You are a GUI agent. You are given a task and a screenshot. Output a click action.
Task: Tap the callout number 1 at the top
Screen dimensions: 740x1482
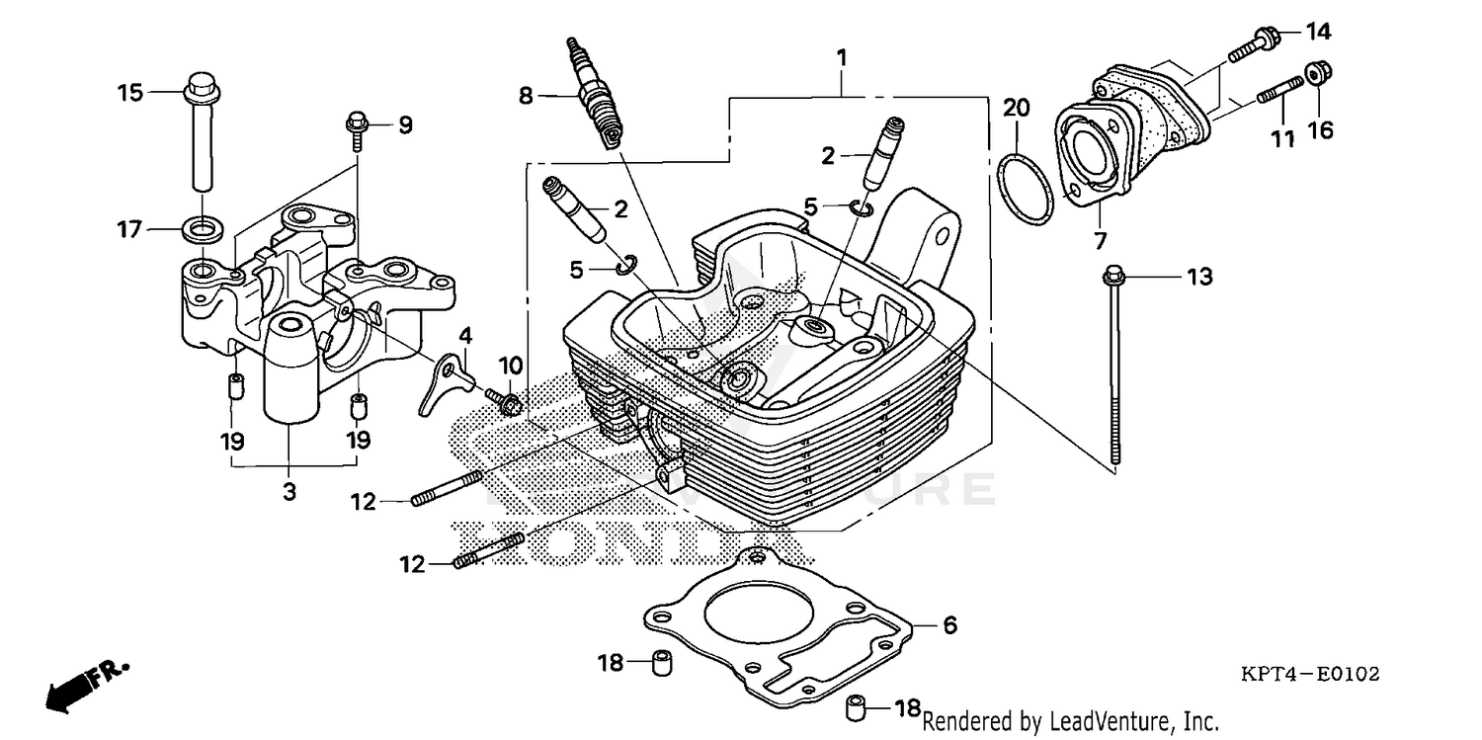tap(842, 58)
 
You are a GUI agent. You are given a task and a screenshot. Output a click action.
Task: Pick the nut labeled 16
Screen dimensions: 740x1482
tap(1315, 74)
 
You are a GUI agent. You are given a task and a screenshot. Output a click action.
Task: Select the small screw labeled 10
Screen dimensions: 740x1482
tap(508, 402)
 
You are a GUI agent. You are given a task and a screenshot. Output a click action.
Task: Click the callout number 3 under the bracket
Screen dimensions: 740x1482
tap(289, 491)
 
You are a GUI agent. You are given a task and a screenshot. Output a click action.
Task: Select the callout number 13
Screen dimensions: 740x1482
tap(1198, 278)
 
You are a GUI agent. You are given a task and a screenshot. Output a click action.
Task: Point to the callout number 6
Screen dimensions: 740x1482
tap(948, 625)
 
